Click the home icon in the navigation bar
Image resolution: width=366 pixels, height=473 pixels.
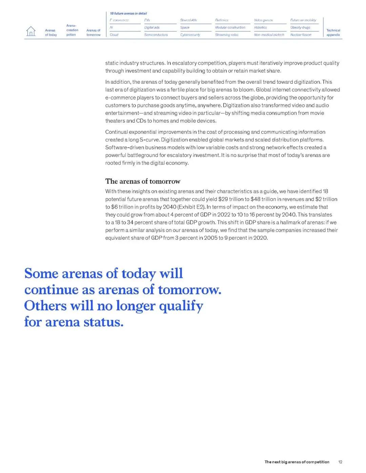(x=30, y=31)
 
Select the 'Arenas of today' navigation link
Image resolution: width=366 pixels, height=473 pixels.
(x=51, y=33)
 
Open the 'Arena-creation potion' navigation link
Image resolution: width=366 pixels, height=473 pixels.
(x=72, y=30)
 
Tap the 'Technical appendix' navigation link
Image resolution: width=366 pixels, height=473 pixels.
(x=333, y=33)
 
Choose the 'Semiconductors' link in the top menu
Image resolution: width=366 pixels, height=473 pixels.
(x=156, y=35)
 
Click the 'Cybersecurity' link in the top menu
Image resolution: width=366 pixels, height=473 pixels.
(x=190, y=35)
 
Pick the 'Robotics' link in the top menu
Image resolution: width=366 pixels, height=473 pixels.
(x=260, y=27)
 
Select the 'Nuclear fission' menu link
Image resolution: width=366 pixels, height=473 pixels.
(x=301, y=35)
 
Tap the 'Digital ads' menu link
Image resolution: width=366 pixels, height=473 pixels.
(x=152, y=27)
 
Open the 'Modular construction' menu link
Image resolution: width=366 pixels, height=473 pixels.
(x=230, y=27)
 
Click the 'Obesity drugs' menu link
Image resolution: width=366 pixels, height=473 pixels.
(x=300, y=27)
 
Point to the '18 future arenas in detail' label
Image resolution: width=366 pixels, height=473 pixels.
(x=128, y=14)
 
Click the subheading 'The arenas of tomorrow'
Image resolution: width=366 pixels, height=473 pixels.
(x=143, y=181)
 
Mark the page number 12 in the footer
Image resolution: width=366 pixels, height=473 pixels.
(x=340, y=462)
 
